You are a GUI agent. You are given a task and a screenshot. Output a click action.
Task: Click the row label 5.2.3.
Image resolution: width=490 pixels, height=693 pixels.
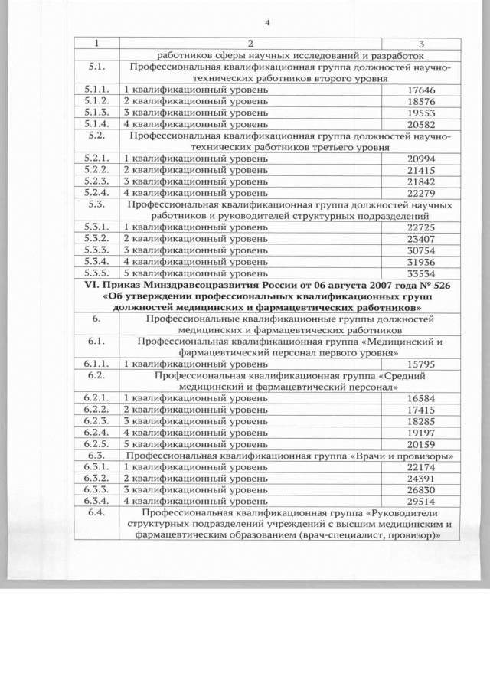(99, 180)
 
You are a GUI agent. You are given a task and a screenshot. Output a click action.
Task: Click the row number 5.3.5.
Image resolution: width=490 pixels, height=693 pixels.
(99, 272)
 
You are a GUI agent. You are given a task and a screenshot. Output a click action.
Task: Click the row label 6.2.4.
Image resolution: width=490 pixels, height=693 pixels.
(99, 433)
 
